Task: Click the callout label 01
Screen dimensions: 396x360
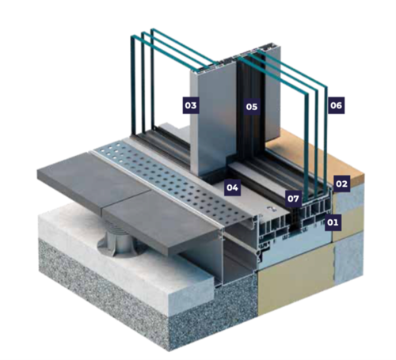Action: [333, 222]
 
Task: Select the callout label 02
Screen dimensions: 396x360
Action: [341, 184]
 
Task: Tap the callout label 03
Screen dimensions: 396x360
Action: [191, 105]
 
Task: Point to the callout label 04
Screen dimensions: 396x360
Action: [232, 188]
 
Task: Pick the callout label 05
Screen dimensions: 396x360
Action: [252, 107]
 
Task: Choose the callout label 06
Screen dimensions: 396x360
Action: [337, 105]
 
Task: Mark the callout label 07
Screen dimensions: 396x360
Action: [293, 199]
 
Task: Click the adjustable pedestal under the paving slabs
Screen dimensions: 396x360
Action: [117, 241]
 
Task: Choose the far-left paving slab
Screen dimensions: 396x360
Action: [93, 180]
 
